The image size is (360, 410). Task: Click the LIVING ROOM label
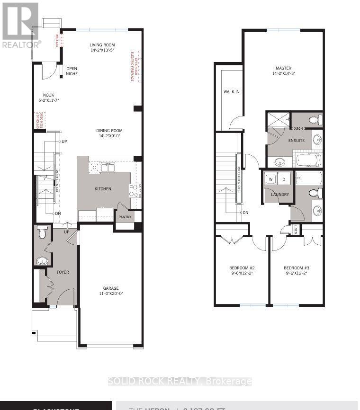coord(102,45)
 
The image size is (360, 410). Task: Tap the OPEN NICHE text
coord(72,71)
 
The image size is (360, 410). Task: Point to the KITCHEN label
coord(103,189)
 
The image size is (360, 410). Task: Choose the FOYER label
coord(63,272)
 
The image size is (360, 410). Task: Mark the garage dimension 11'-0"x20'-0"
coord(111,294)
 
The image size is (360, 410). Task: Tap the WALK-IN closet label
coord(232,91)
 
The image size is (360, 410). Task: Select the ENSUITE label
coord(297,141)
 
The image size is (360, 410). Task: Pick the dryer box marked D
coord(284,179)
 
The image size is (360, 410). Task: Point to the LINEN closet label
coord(296,230)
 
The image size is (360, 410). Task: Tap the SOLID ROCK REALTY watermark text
coord(180,382)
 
